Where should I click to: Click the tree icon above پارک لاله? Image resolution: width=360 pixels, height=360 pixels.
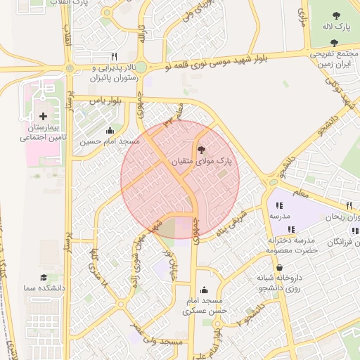(x=335, y=13)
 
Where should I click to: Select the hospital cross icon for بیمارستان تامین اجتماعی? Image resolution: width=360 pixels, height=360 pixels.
(x=44, y=116)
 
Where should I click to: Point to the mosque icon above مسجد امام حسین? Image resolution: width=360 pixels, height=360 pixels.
(x=110, y=130)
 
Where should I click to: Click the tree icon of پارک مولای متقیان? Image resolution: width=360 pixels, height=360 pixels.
(x=202, y=149)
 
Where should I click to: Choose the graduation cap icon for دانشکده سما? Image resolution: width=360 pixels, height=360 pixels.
(x=44, y=278)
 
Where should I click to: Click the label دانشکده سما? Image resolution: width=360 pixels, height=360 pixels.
(x=44, y=289)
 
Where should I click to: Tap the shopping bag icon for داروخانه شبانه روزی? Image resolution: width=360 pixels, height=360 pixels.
(x=280, y=267)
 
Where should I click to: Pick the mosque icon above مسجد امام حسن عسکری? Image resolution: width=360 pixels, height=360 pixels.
(x=204, y=290)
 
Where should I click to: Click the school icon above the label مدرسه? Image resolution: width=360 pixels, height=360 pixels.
(x=280, y=205)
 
